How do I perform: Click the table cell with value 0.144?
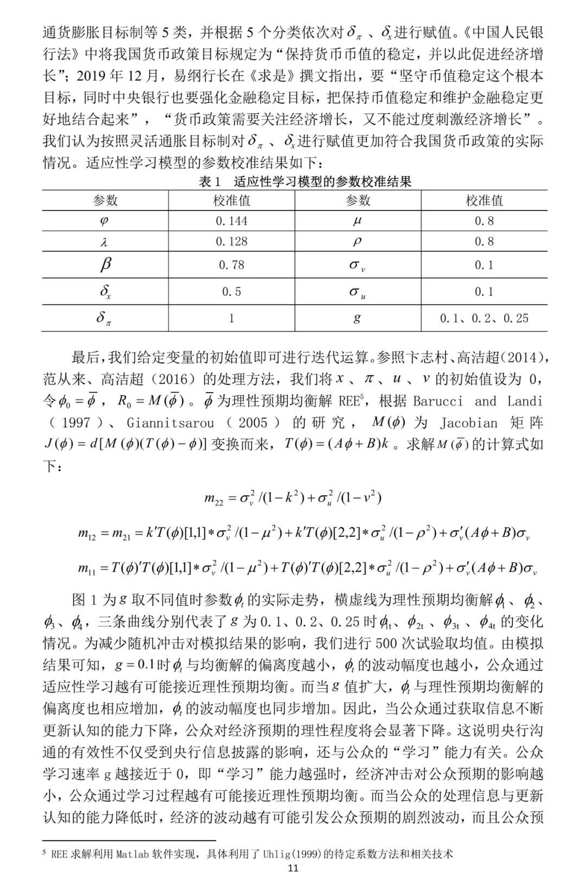[x=231, y=221]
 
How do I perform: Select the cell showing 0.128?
[x=231, y=242]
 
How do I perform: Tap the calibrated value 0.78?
[x=231, y=265]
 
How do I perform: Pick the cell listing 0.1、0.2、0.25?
[x=484, y=318]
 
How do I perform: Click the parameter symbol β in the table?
[x=105, y=265]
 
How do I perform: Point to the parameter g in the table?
[x=357, y=318]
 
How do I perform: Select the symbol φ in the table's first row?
[x=105, y=221]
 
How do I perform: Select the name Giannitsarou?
[x=170, y=423]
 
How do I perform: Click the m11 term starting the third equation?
[x=88, y=568]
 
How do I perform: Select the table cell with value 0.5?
[x=231, y=292]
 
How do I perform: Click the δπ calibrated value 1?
[x=231, y=318]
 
